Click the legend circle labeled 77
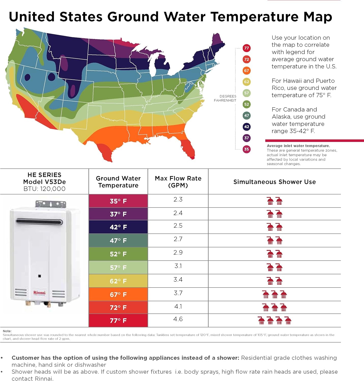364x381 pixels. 246,48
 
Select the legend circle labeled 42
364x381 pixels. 246,127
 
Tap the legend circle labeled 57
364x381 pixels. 246,93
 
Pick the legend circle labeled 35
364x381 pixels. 246,149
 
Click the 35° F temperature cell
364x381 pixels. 118,201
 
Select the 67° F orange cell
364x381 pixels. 118,295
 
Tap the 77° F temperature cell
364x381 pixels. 118,321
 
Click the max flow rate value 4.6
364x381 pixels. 178,319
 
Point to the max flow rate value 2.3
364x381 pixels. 178,199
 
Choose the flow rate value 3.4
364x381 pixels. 178,280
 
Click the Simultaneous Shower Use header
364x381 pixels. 274,182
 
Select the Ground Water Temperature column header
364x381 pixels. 118,182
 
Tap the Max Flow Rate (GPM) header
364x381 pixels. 178,182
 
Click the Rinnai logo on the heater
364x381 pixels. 39,293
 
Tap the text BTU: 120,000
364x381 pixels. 45,189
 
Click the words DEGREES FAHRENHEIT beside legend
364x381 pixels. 225,98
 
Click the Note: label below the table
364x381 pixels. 7,331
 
